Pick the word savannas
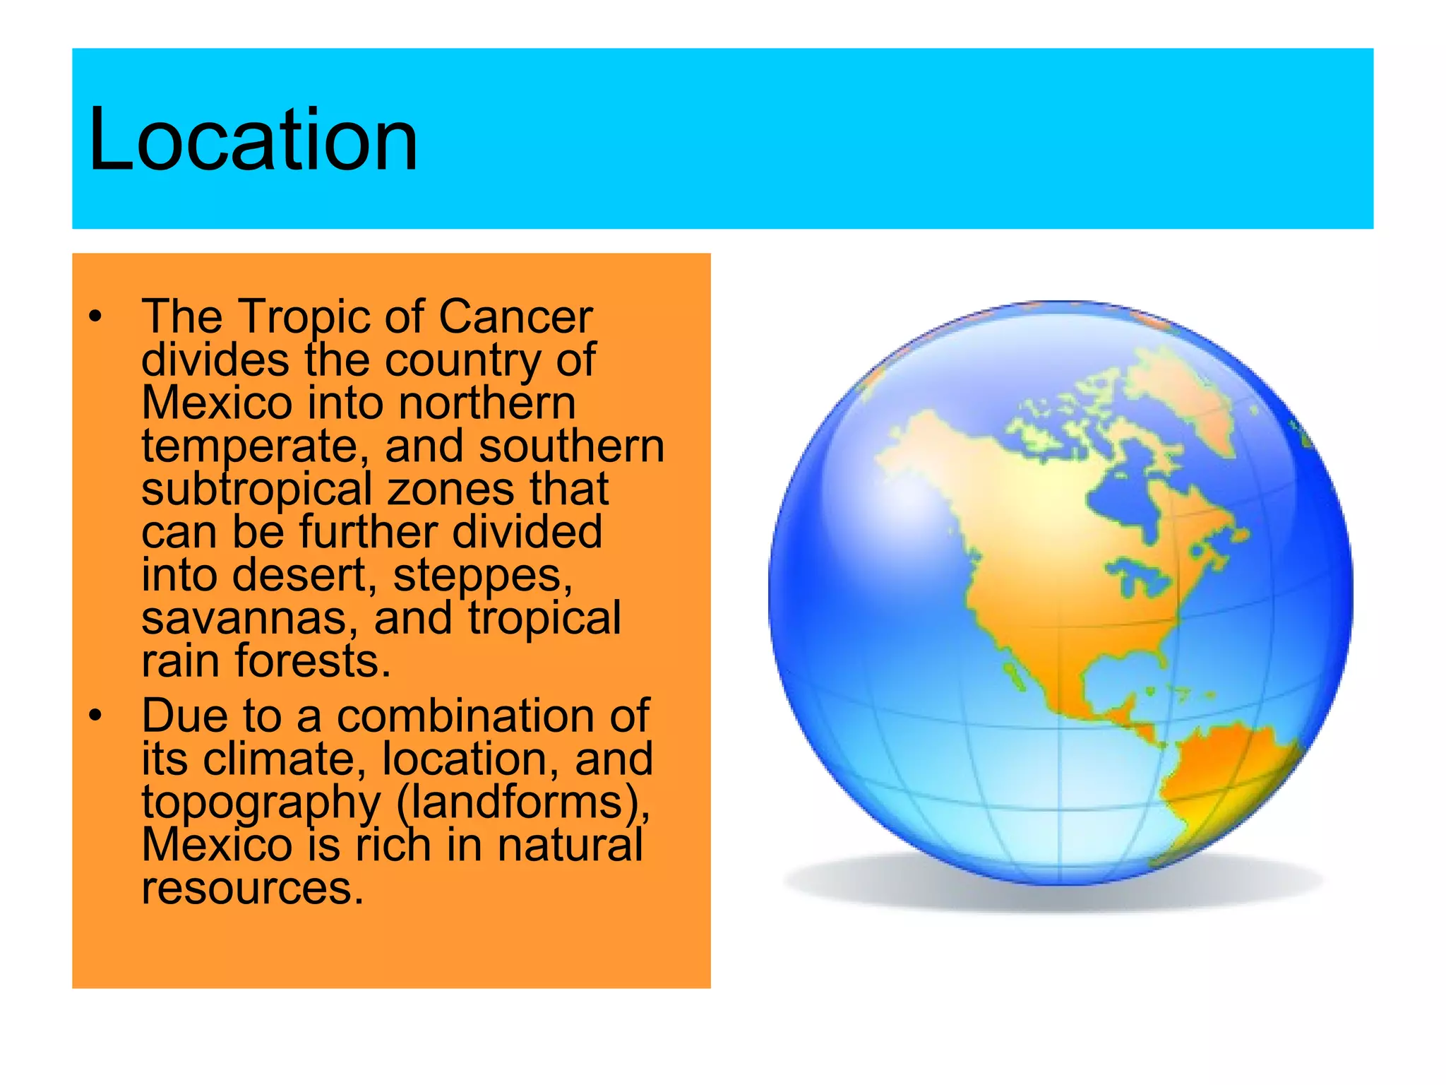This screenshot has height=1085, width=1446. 244,619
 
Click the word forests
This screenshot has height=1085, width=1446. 312,661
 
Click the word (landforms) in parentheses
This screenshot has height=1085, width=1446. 523,802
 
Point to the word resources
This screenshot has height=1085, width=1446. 252,889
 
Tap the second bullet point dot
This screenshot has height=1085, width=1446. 95,716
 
